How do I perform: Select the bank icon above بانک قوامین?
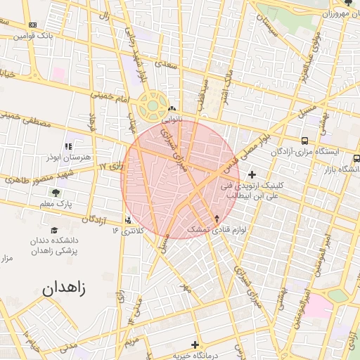(32, 25)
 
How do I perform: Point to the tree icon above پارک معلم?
(56, 191)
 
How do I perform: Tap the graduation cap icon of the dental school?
(54, 230)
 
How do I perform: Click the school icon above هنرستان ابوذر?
(68, 146)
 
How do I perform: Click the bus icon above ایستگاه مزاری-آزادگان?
(304, 141)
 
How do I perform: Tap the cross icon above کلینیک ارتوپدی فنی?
(252, 174)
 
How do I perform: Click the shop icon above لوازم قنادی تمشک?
(217, 219)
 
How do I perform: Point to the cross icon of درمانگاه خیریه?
(195, 344)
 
